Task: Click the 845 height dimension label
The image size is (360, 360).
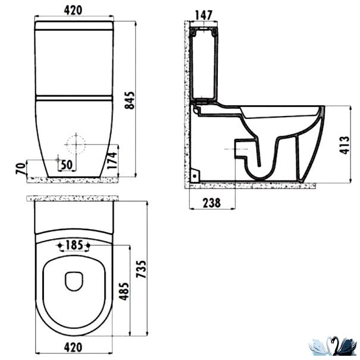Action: coord(130,101)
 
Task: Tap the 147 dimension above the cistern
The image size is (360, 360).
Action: coord(204,15)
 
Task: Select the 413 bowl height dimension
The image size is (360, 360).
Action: coord(345,145)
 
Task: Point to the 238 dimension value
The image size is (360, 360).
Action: coord(212,203)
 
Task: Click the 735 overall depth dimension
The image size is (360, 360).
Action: coord(141,269)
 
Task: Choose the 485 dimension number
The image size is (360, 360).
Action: coord(124,292)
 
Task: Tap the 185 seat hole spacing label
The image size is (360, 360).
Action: coord(74,245)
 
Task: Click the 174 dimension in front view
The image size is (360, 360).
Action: coord(112,161)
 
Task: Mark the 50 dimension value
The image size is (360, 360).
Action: coord(67,165)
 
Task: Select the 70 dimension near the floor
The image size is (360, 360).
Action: coord(21,168)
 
